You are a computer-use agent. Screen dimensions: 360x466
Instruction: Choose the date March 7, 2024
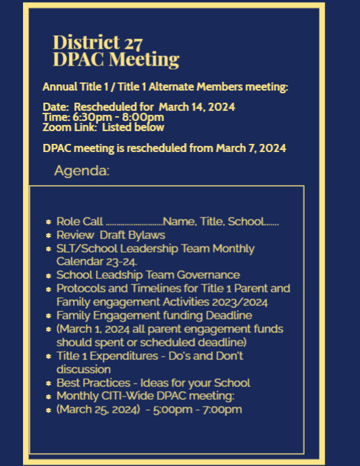coord(251,148)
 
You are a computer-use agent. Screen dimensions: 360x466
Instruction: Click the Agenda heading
coord(81,171)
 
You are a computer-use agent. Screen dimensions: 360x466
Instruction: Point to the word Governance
coord(210,275)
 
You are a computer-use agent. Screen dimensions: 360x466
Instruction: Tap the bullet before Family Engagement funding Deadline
coord(49,315)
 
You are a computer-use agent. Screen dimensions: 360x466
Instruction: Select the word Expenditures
coord(124,355)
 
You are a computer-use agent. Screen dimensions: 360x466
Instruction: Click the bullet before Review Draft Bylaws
coord(49,235)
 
